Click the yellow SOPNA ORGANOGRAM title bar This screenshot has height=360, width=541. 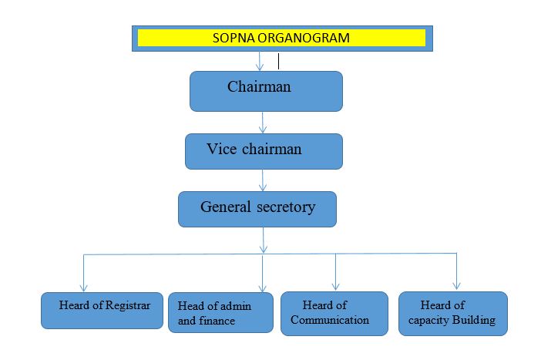[281, 38]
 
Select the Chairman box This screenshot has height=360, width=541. [266, 91]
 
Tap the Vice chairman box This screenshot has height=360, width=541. [264, 151]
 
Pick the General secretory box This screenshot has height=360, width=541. [257, 209]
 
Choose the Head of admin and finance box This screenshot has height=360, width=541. [220, 312]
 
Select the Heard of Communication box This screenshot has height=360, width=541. [334, 313]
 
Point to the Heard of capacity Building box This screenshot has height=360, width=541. [453, 313]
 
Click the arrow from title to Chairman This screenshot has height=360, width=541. [260, 62]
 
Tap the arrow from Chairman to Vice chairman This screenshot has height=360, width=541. [264, 122]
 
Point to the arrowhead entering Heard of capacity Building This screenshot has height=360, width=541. [455, 284]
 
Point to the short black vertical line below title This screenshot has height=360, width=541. [278, 61]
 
